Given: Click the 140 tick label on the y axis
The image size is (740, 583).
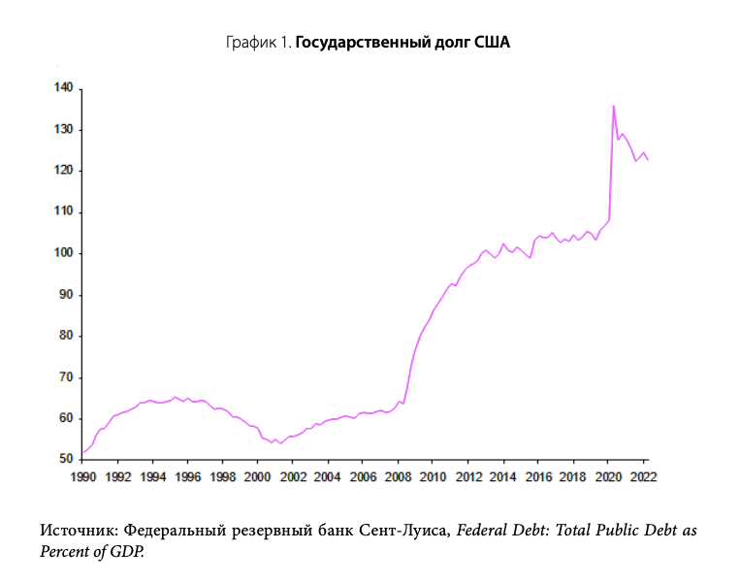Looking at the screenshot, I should pos(63,88).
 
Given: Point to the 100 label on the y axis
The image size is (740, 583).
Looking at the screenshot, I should pos(63,253).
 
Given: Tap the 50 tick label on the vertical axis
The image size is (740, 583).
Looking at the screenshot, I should pos(67,459).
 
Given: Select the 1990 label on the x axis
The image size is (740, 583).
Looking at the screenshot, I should pos(82,476).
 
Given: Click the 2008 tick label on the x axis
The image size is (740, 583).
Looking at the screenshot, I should pos(398,476).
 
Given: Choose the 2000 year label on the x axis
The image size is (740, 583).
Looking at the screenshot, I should pos(257,476).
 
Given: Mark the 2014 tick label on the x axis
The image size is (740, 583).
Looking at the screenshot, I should pos(502,476).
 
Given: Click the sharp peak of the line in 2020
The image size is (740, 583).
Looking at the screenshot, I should pos(613,106).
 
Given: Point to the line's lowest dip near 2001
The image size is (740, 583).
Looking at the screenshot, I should pos(279,443).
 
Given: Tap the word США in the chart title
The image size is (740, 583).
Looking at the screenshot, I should pos(491,43).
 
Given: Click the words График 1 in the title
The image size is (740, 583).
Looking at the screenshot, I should pos(258,43).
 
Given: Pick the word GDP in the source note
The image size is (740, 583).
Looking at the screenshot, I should pos(124,550).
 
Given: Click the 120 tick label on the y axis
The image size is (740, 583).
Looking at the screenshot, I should pos(63,171).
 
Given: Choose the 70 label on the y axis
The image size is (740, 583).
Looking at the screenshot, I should pos(67,376).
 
